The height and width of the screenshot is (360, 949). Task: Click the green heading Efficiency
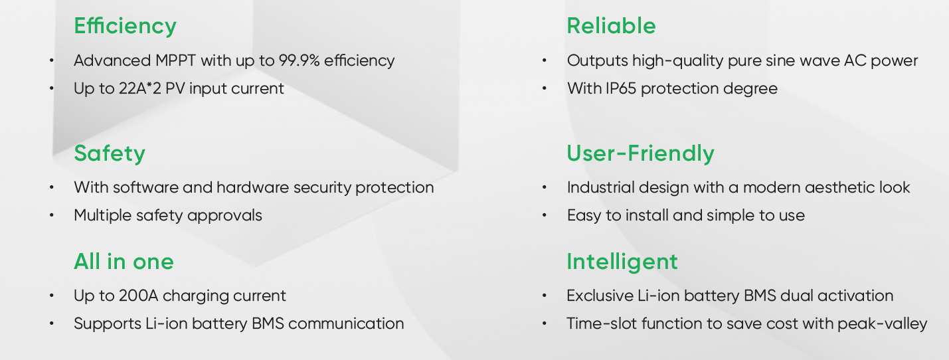125,27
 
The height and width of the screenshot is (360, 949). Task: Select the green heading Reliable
612,26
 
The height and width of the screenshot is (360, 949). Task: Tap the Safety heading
110,153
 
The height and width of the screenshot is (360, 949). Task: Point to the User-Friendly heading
640,153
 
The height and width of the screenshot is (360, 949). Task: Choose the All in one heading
124,261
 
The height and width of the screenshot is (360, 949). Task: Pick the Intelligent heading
622,262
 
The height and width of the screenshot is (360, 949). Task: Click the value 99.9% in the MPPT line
299,60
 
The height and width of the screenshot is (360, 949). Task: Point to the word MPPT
175,60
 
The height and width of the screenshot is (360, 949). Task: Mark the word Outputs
598,61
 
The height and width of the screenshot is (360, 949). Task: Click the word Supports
108,324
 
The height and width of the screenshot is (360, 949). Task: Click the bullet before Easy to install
545,216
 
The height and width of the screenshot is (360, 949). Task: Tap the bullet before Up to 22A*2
51,88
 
